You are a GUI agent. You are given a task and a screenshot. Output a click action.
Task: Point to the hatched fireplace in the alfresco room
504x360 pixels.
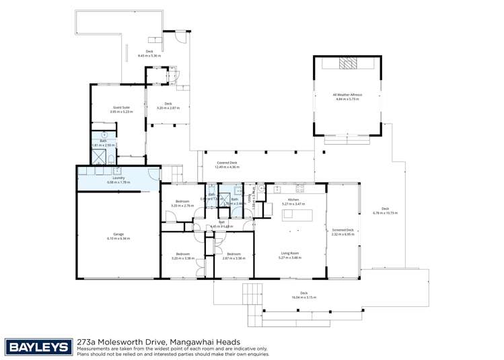(348, 63)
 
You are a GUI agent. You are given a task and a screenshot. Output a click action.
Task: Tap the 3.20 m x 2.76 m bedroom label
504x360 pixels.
(182, 203)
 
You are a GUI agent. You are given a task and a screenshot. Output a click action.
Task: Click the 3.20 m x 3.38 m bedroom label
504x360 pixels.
(182, 256)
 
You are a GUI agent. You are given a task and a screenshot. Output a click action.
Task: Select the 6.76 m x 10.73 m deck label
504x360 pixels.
(385, 211)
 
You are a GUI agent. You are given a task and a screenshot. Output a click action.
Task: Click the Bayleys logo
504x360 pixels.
(38, 347)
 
